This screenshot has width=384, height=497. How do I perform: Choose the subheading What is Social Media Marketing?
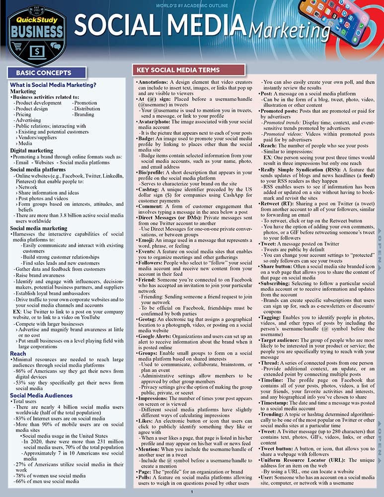[x=53, y=85]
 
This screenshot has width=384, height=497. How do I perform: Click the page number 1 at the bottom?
[x=192, y=492]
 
